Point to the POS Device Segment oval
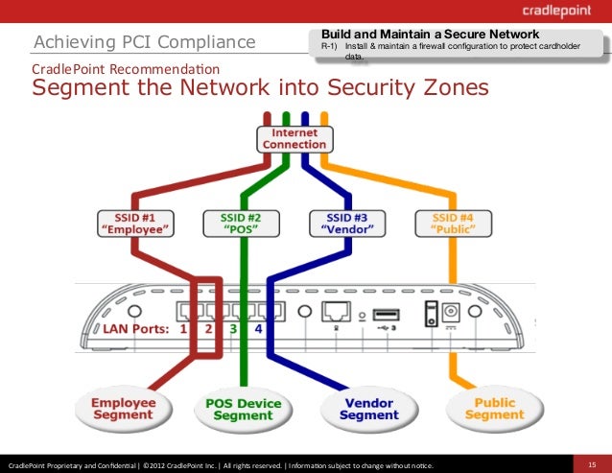click(x=243, y=410)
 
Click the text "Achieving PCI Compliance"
click(x=145, y=42)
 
